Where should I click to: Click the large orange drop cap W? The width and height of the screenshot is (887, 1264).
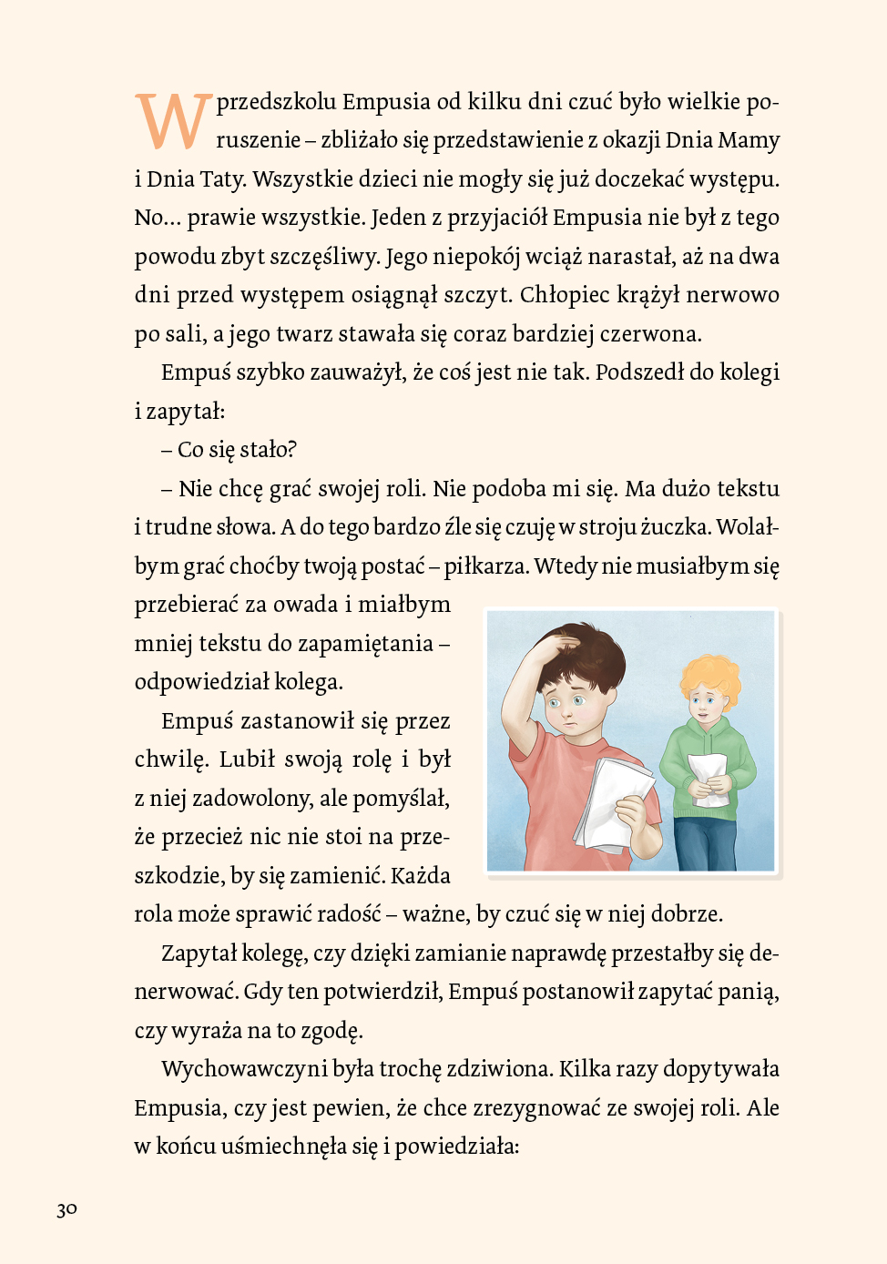173,120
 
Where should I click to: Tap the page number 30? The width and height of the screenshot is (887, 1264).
66,1209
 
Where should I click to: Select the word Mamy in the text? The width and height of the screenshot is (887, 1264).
749,140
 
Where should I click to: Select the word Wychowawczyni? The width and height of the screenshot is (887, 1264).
244,1069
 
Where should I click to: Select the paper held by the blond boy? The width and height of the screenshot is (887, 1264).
709,778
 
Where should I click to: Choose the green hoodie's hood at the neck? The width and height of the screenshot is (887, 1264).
716,729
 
